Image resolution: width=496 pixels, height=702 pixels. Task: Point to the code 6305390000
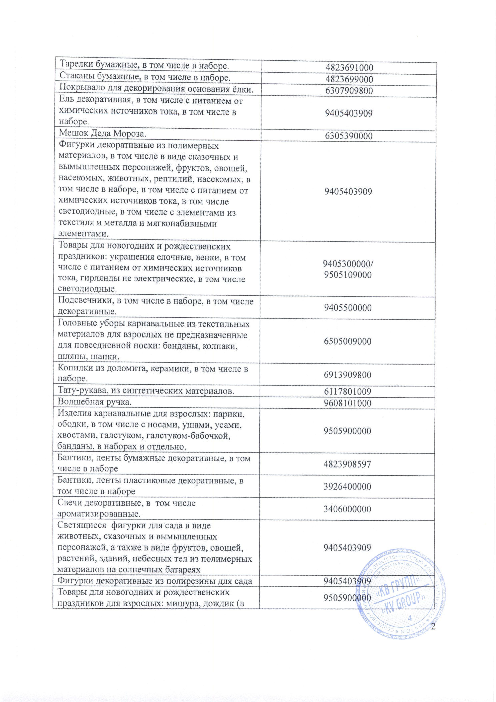tap(349, 136)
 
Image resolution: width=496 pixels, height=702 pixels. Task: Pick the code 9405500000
tap(348, 308)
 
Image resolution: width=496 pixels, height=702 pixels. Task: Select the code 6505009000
tap(348, 341)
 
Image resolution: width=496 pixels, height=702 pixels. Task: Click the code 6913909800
tap(348, 375)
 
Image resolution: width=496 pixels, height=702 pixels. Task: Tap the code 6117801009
tap(348, 391)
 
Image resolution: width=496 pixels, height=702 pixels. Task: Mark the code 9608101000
tap(348, 403)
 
